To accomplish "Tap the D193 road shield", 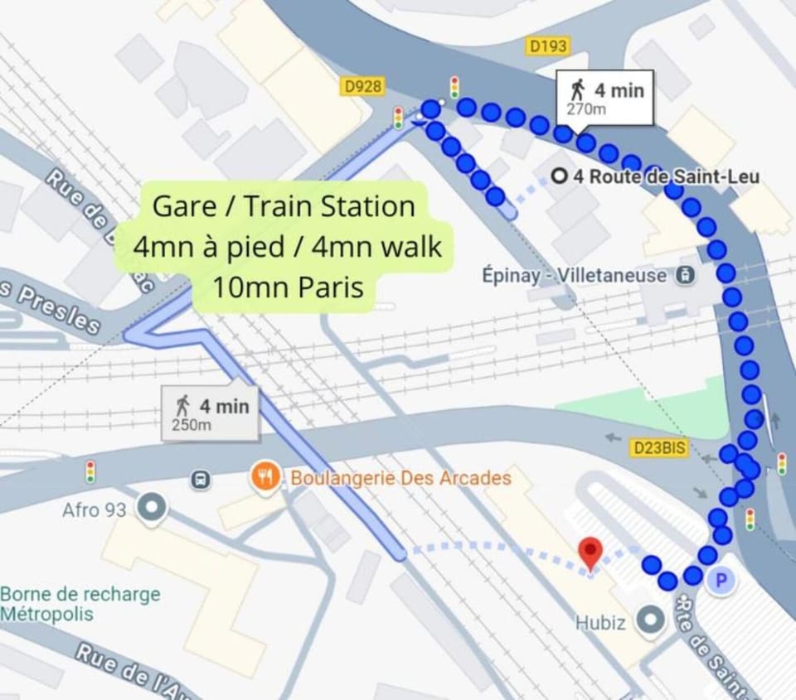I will [x=548, y=46].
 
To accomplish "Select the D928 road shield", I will [x=363, y=86].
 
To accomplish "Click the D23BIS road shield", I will [x=660, y=447].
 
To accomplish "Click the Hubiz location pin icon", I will [x=649, y=620].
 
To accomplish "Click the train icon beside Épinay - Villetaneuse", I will [x=685, y=275].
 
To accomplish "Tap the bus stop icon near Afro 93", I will [x=200, y=479].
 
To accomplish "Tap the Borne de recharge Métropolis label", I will [x=80, y=604].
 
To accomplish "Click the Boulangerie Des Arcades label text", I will [x=400, y=478].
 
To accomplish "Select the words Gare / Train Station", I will [x=284, y=205].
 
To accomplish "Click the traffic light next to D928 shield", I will [x=398, y=118].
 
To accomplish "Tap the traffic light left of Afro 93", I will [x=90, y=472].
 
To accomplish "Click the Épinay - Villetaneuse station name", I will [x=574, y=275].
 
